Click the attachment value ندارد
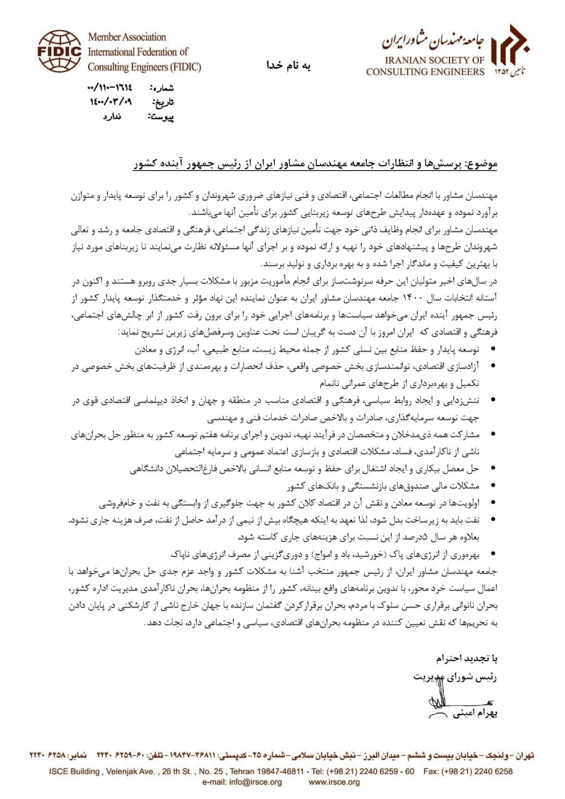tap(112, 115)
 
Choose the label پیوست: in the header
tap(161, 116)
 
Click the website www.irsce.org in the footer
tap(334, 782)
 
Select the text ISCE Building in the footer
tap(74, 771)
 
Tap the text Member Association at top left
tap(127, 37)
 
